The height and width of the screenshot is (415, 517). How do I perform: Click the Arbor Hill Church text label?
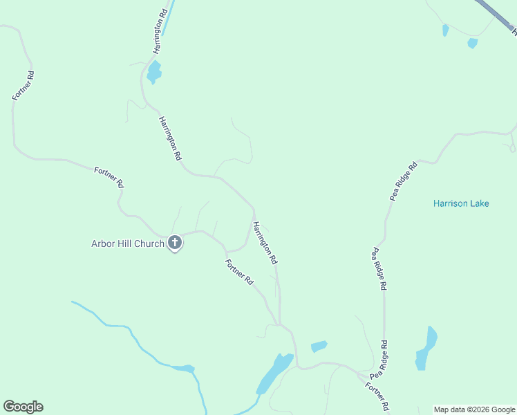[x=128, y=243]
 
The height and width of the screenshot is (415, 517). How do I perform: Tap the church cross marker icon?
[x=175, y=243]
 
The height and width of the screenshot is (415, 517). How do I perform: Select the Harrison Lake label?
[x=461, y=203]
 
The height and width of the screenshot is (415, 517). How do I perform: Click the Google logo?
[x=23, y=407]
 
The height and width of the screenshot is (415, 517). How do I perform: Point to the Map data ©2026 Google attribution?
[x=475, y=409]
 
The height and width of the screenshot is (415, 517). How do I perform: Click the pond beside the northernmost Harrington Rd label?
[x=153, y=72]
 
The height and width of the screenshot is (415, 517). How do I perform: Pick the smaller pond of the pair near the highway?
[x=445, y=30]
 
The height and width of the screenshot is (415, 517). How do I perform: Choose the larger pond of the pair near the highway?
[x=472, y=43]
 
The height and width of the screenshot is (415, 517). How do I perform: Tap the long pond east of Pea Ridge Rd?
[x=426, y=350]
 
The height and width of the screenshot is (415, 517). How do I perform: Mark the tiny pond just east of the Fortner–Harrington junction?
[x=319, y=346]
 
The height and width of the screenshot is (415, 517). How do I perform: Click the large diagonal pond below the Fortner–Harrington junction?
[x=274, y=373]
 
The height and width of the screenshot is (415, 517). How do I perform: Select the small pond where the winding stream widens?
[x=183, y=369]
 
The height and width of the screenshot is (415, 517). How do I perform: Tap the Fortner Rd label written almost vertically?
[x=23, y=85]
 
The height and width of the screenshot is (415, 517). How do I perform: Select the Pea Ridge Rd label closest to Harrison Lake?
[x=404, y=181]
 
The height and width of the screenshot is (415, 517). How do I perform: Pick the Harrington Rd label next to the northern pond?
[x=160, y=32]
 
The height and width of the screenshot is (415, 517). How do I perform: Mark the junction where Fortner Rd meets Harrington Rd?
[x=279, y=324]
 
